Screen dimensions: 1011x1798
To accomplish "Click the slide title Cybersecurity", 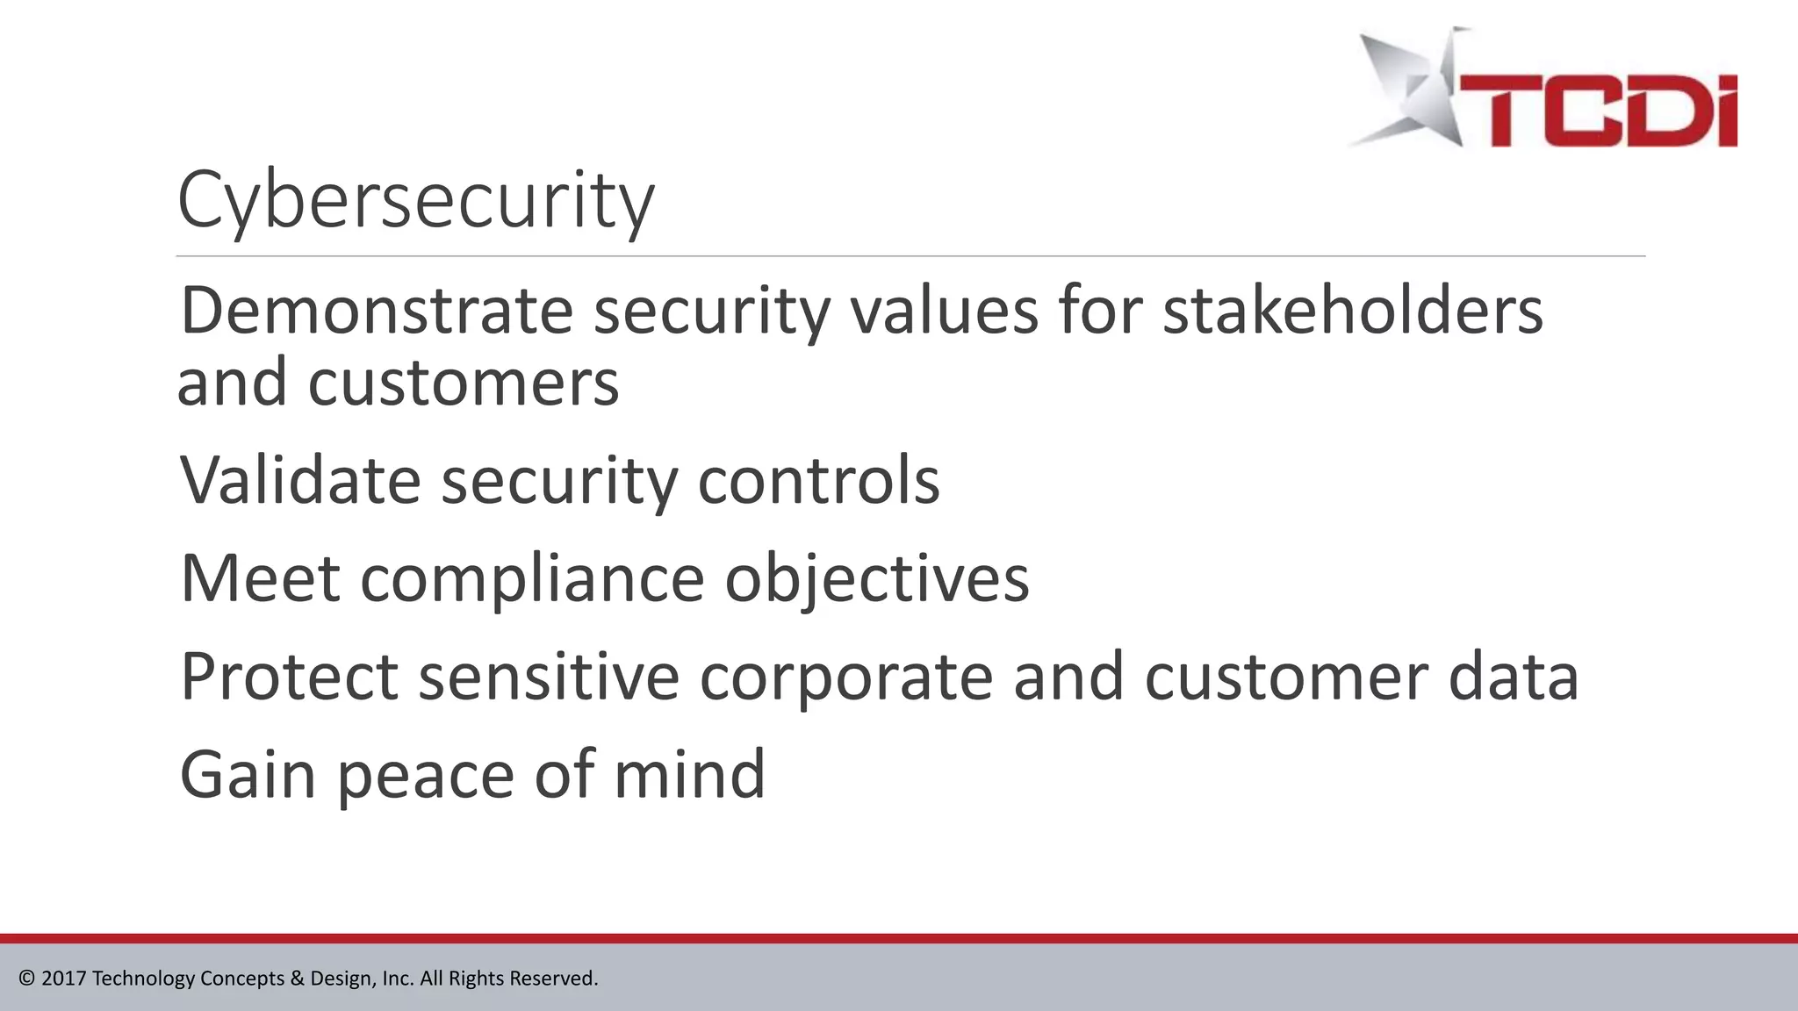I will [415, 201].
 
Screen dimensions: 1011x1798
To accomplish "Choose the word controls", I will [818, 481].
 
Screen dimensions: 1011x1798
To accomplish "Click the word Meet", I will [260, 579].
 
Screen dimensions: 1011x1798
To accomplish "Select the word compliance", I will [532, 579].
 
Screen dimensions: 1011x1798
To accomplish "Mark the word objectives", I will [876, 579].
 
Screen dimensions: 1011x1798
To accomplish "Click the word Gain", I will [248, 775].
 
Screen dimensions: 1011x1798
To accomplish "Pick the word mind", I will [689, 775].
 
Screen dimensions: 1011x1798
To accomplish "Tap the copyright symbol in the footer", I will [26, 979].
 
